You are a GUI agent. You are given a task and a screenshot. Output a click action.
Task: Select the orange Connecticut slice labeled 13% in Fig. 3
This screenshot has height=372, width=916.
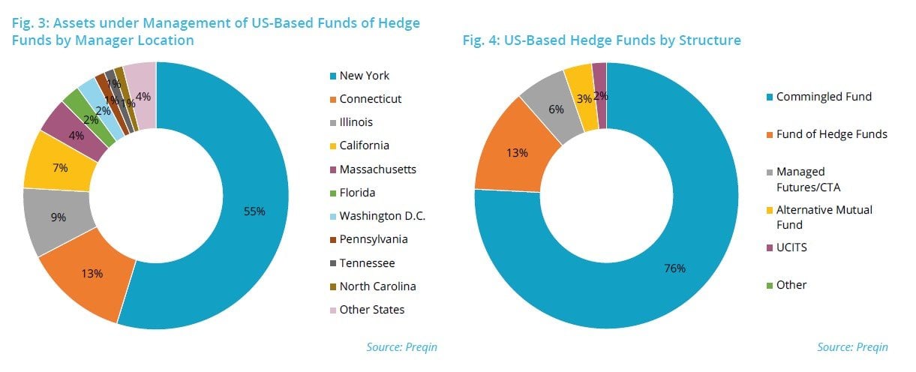click(92, 274)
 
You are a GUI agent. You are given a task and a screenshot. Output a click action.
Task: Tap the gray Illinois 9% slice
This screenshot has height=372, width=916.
click(59, 217)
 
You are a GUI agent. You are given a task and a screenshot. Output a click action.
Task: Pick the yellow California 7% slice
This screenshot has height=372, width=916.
click(60, 169)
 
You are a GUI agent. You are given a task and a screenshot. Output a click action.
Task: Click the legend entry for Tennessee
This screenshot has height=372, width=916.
click(366, 263)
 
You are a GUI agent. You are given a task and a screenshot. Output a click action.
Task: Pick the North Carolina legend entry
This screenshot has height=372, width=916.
click(377, 286)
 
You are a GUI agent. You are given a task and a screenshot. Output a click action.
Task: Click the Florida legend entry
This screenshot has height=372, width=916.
click(358, 193)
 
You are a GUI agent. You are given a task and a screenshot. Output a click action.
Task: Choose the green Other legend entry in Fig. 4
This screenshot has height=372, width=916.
click(790, 285)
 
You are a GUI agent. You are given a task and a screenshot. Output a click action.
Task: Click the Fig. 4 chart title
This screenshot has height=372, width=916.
click(601, 40)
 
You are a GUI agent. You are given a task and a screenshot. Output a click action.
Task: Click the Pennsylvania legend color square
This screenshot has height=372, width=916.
click(331, 240)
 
